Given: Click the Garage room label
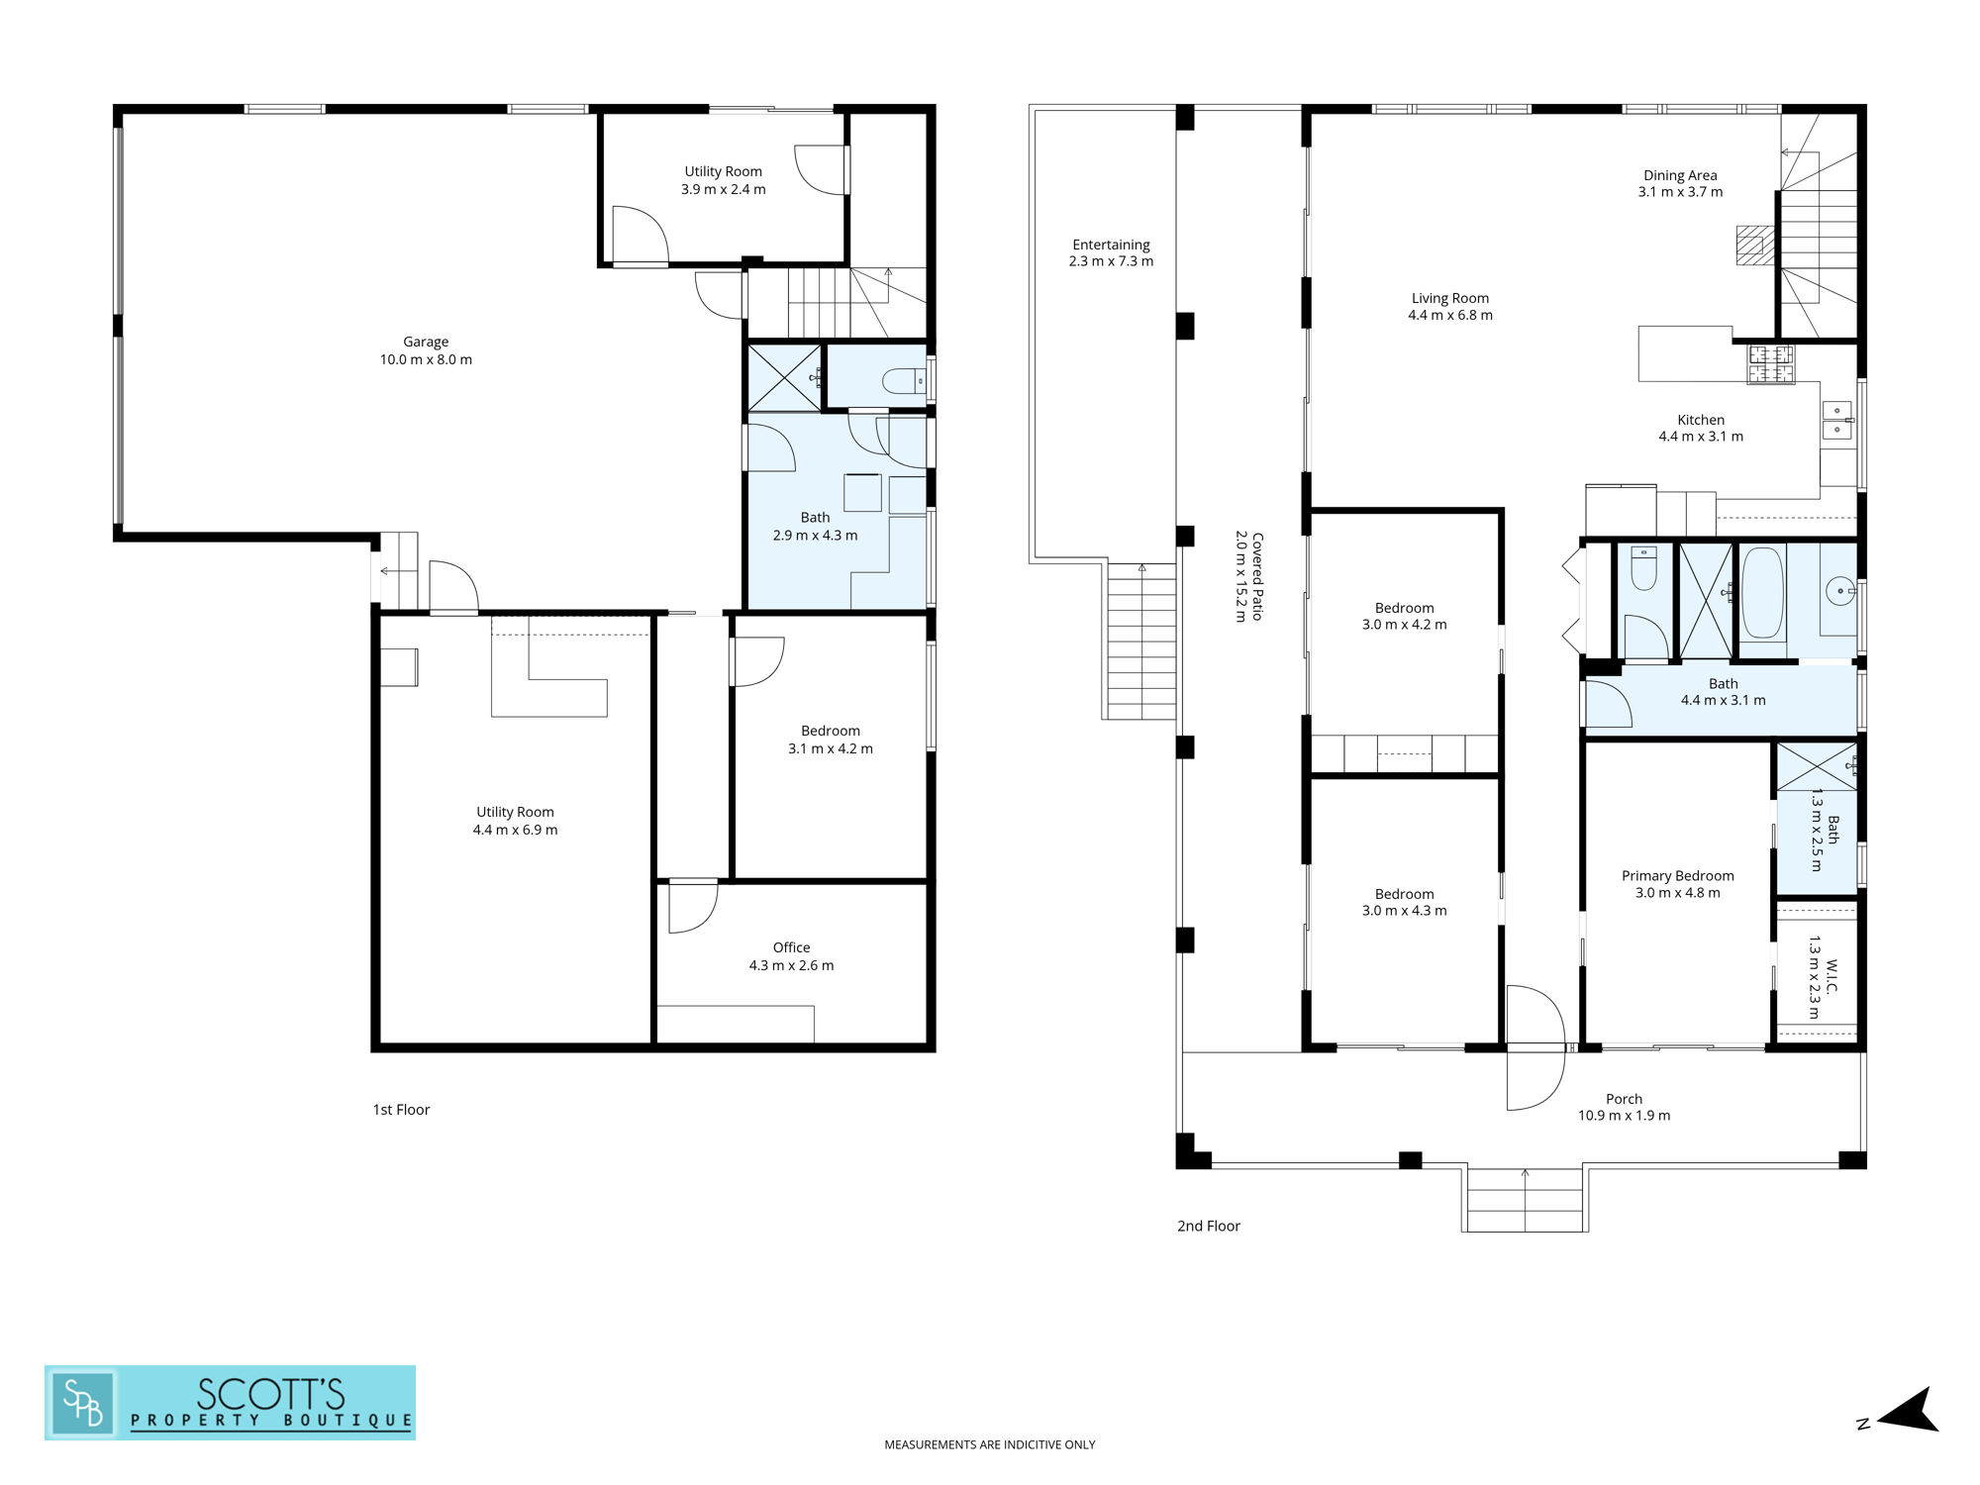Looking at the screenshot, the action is (426, 342).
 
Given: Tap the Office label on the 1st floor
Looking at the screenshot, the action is (791, 947).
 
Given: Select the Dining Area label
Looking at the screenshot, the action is (1680, 175).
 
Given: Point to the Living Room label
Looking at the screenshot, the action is (1450, 298).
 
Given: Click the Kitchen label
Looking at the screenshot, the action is (1701, 420).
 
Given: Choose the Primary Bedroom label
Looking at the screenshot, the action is (1677, 876).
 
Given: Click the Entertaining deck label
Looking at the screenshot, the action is (1111, 245).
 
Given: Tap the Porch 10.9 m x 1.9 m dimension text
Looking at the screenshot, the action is (1624, 1116).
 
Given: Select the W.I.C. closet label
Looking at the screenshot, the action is (1832, 977).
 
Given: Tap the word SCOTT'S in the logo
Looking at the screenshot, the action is (270, 1394).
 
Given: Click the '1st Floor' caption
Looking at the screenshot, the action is (401, 1110).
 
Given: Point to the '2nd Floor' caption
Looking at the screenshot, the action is (1208, 1226).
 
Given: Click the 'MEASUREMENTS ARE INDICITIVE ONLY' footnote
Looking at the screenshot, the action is (989, 1444).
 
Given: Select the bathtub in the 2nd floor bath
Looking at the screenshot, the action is (1762, 593).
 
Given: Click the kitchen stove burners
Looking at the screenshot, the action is (1770, 363).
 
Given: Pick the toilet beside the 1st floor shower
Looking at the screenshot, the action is (903, 380).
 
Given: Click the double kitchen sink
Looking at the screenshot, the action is (1837, 420).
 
